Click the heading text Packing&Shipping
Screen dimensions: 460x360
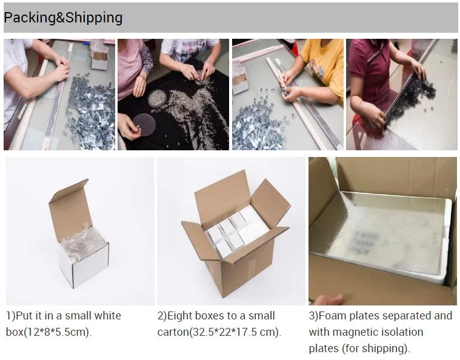coord(63,18)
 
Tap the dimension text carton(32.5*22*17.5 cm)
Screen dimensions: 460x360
coord(219,332)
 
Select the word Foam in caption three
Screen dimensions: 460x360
coord(332,316)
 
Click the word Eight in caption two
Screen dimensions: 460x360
coord(179,316)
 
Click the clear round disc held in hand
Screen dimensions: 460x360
coord(144,124)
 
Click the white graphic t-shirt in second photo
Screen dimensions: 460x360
coord(189,50)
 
